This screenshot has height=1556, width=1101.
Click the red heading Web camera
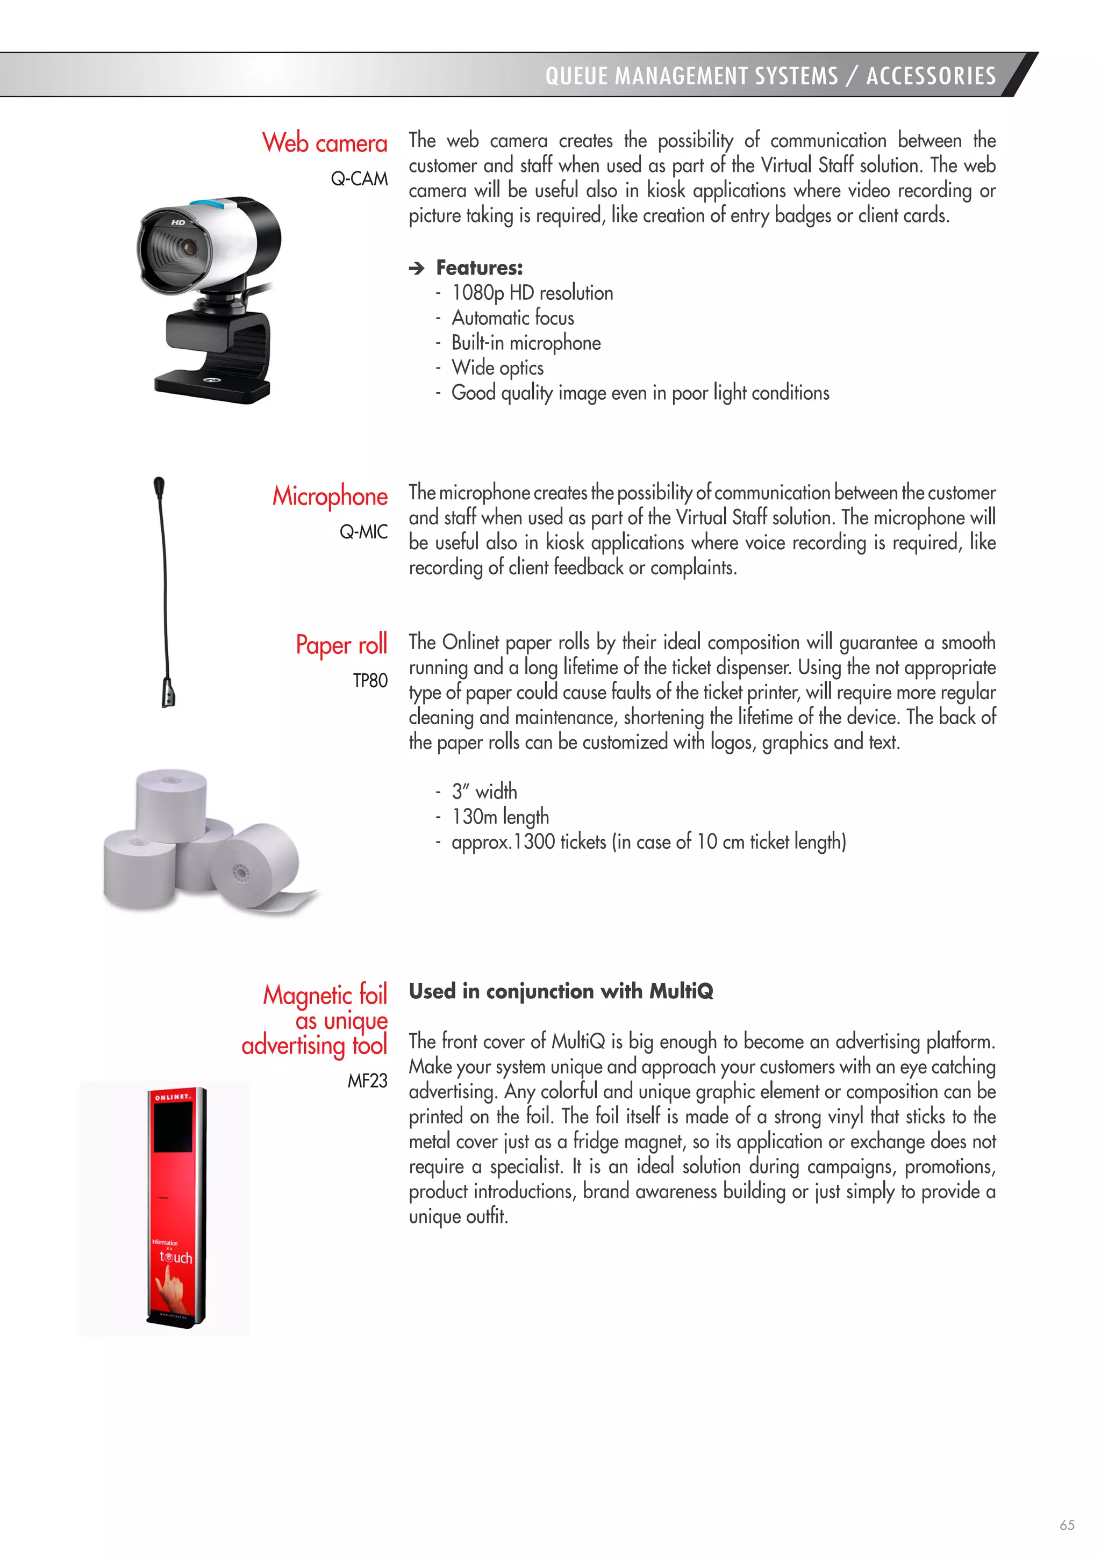[325, 143]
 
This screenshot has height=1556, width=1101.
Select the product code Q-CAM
[359, 179]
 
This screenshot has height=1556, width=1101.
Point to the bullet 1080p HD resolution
[532, 293]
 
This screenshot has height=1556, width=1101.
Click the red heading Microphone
[330, 496]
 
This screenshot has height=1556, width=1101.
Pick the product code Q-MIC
[363, 532]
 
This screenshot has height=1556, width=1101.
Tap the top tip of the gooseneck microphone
[159, 484]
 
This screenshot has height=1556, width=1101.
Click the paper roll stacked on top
[171, 804]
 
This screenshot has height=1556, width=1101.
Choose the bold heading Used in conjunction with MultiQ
[561, 991]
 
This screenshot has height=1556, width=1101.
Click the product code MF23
[368, 1080]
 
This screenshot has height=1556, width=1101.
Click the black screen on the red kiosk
[172, 1127]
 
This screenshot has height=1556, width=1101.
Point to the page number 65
[1067, 1525]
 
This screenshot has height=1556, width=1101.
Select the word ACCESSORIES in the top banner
[931, 76]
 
